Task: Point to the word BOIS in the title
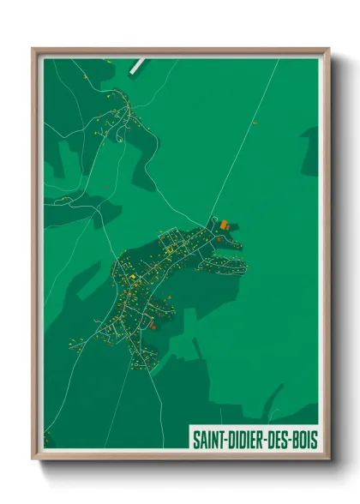click(303, 441)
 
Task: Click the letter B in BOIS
click(295, 441)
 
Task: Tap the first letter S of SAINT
click(194, 441)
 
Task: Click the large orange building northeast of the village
click(225, 225)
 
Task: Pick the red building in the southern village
click(152, 325)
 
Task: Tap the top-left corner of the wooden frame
click(33, 50)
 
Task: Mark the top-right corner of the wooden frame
click(328, 50)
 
